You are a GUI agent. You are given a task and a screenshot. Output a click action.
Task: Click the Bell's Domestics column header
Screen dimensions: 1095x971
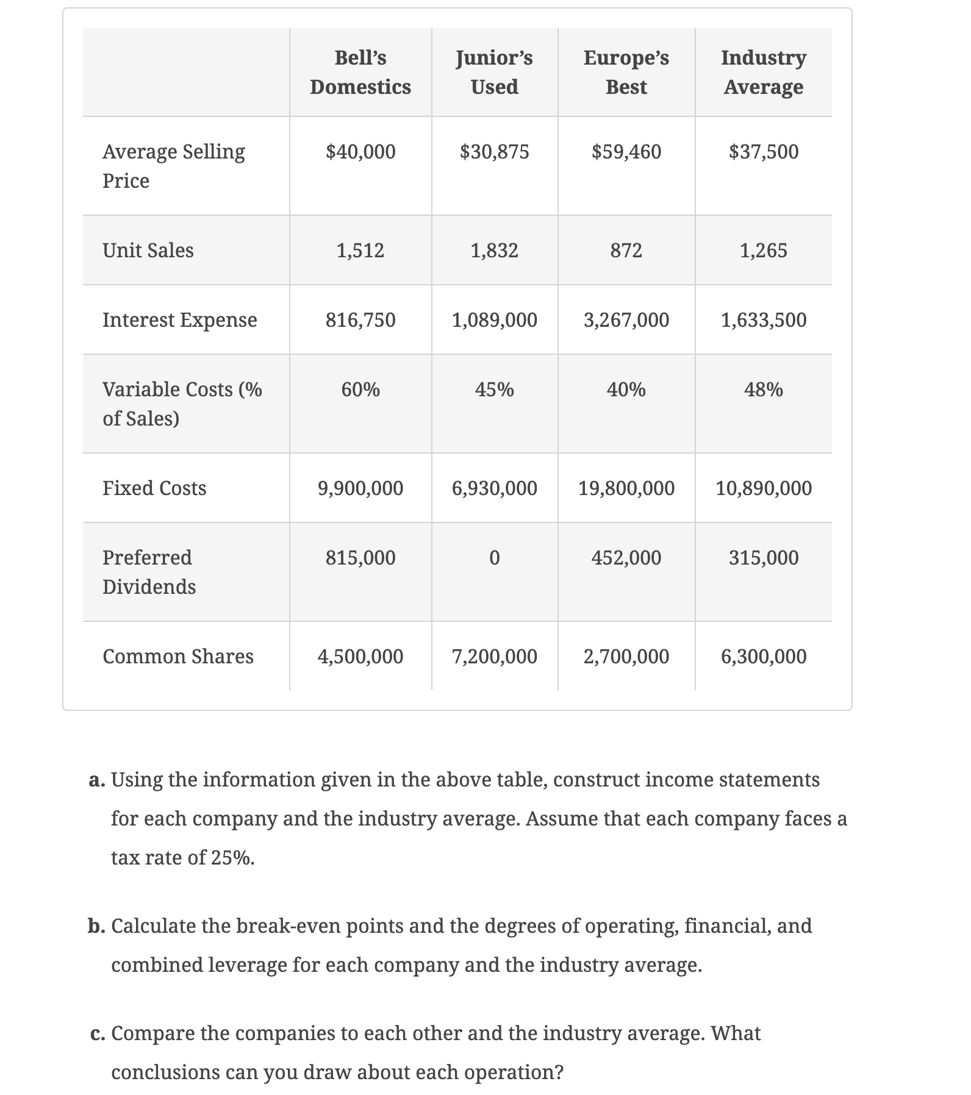tap(360, 72)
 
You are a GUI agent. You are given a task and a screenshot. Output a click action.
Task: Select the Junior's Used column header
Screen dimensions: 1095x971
tap(495, 72)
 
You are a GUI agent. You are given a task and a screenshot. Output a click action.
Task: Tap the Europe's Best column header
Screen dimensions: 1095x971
tap(626, 72)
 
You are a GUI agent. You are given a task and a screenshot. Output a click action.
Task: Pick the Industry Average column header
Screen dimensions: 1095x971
tap(764, 72)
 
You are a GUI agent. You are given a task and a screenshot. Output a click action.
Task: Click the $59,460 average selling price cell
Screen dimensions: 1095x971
tap(626, 151)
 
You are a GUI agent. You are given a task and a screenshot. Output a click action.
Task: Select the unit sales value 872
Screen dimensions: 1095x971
tap(626, 250)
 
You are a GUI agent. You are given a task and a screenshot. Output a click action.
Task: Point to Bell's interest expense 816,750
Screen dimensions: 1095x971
tap(360, 319)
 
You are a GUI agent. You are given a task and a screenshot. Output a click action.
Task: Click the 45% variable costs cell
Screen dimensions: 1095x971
tap(495, 389)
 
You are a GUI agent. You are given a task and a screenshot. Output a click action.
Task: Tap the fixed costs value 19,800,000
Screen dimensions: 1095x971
tap(626, 488)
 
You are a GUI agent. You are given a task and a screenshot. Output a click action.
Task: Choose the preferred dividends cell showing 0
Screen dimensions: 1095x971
tap(495, 557)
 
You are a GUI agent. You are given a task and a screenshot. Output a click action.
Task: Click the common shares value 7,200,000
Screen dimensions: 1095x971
tap(495, 656)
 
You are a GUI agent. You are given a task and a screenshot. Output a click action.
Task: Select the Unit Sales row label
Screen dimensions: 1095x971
tap(148, 250)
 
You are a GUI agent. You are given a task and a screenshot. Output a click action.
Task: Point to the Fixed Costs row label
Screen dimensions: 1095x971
tap(154, 488)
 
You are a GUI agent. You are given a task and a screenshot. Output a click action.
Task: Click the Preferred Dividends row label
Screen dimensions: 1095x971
tap(149, 572)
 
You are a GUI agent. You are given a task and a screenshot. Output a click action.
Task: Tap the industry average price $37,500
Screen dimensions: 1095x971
tap(764, 151)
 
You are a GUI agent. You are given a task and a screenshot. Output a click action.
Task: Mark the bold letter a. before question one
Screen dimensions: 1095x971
tap(97, 780)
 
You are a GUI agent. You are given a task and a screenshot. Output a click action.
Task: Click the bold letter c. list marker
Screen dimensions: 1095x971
tap(97, 1033)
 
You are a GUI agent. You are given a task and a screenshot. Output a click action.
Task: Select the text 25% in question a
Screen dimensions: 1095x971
tap(232, 858)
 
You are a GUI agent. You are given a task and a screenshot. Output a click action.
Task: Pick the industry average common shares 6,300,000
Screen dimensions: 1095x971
tap(764, 656)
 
